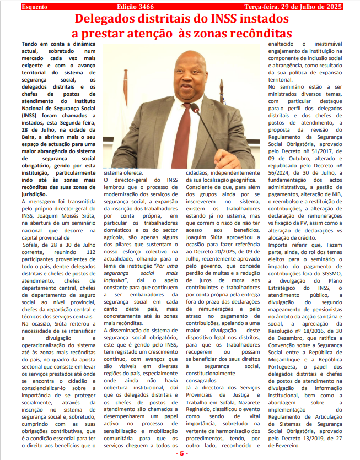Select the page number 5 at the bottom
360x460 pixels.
[180, 453]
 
